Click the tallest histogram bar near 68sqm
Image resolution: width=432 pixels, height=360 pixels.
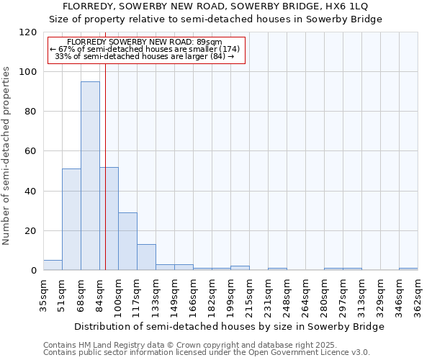coord(90,176)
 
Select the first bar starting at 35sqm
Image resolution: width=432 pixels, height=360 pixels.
coord(53,265)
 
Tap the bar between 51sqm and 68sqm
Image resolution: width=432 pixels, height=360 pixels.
coord(71,220)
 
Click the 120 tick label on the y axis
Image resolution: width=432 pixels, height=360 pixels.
coord(28,32)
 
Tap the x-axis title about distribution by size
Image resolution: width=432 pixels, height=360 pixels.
coord(230,326)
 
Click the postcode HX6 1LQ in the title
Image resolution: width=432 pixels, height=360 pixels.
coord(360,6)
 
